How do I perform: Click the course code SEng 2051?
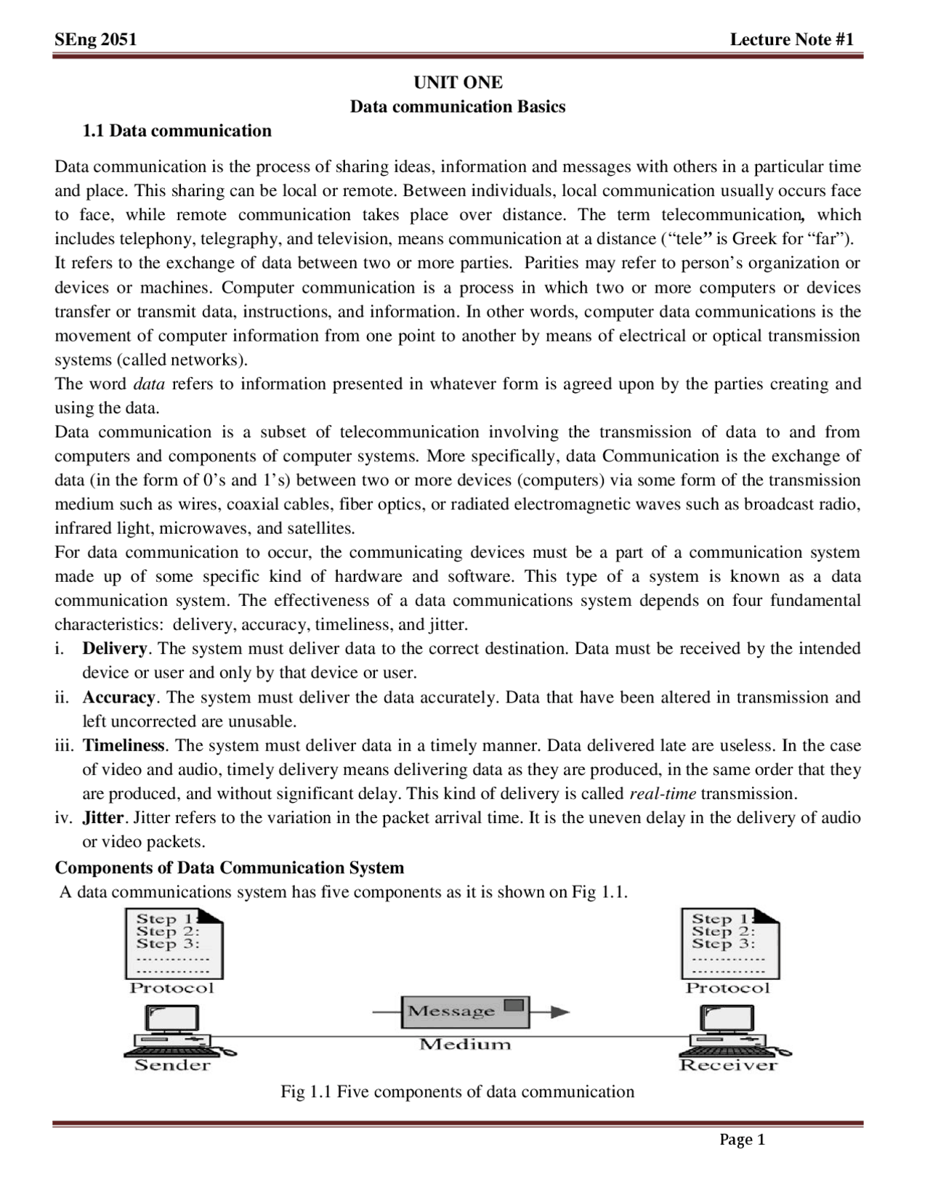tap(95, 39)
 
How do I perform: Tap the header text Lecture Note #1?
tap(792, 39)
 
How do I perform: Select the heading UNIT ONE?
tap(458, 82)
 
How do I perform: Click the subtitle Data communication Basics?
tap(458, 107)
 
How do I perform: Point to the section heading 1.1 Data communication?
tap(177, 131)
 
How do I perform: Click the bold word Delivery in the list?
tap(115, 649)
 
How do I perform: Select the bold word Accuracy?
tap(118, 697)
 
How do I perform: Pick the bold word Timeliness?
tap(124, 746)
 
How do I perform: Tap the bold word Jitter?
tap(103, 818)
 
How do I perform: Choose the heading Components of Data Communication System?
tap(230, 868)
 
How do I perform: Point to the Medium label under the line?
tap(465, 1045)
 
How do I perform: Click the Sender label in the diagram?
tap(172, 1066)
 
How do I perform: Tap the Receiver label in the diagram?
tap(728, 1066)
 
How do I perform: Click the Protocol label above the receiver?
tap(727, 988)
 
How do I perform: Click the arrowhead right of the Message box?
tap(560, 1012)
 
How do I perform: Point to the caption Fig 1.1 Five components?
tap(458, 1092)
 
